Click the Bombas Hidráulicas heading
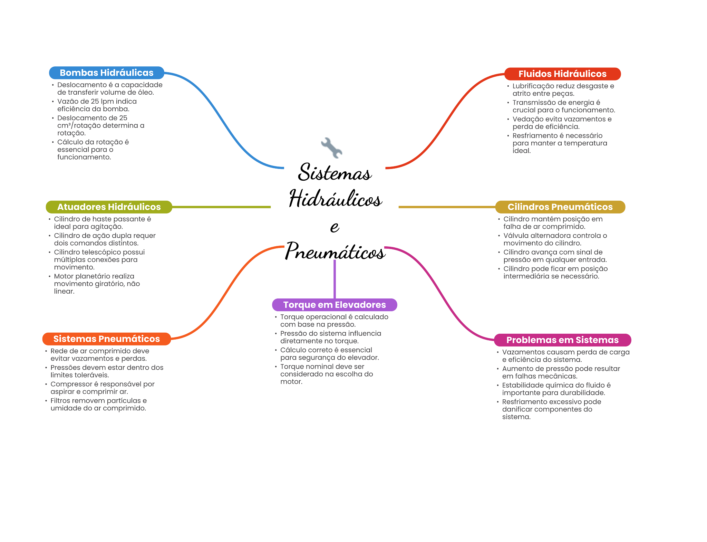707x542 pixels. pyautogui.click(x=106, y=73)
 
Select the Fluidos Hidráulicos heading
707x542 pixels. pyautogui.click(x=562, y=74)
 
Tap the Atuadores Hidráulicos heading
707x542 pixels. pyautogui.click(x=109, y=207)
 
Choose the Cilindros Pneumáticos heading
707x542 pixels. pyautogui.click(x=560, y=207)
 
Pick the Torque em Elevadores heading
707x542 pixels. pyautogui.click(x=334, y=305)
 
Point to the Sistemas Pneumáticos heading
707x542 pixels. pyautogui.click(x=106, y=339)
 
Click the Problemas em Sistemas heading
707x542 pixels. pyautogui.click(x=562, y=340)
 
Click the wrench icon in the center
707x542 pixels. pyautogui.click(x=331, y=148)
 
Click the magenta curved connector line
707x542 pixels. pyautogui.click(x=438, y=290)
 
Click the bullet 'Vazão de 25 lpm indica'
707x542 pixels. pyautogui.click(x=97, y=105)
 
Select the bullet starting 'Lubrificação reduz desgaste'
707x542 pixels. pyautogui.click(x=563, y=90)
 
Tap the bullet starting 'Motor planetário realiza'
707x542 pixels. pyautogui.click(x=97, y=284)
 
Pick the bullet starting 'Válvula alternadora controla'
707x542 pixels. pyautogui.click(x=555, y=239)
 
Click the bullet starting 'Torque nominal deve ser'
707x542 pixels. pyautogui.click(x=326, y=374)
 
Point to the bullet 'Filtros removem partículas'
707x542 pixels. pyautogui.click(x=98, y=405)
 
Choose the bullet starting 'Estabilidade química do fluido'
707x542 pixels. pyautogui.click(x=556, y=389)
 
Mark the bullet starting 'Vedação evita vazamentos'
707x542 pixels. pyautogui.click(x=562, y=123)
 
